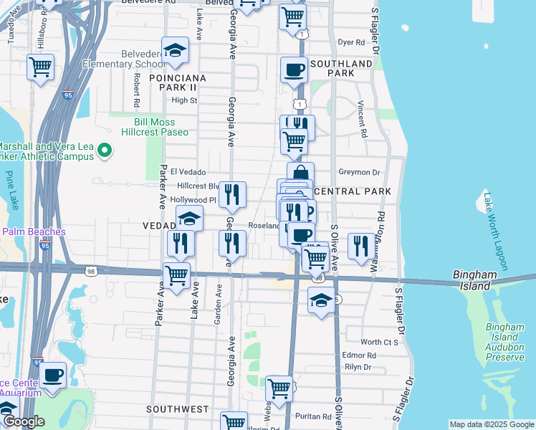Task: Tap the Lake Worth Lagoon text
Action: point(497,231)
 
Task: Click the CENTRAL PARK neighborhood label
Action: point(353,191)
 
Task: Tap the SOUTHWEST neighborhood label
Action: point(177,409)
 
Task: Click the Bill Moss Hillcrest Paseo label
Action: point(161,127)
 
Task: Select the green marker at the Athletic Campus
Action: point(105,150)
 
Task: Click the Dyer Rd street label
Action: point(351,42)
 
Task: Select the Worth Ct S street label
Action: point(379,343)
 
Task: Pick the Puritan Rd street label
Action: point(317,416)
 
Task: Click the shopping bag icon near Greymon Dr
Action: point(301,173)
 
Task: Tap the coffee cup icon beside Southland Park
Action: point(293,70)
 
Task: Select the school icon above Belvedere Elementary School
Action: point(175,50)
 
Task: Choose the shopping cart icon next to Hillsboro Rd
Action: point(41,67)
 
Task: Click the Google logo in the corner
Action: point(23,422)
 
